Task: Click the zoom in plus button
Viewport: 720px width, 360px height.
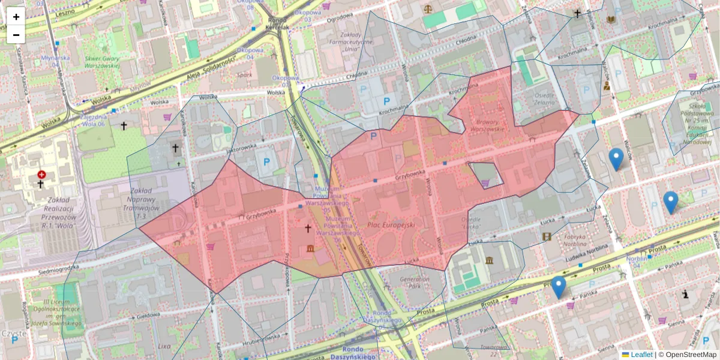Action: (x=16, y=17)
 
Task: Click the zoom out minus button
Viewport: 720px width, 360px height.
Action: (x=16, y=35)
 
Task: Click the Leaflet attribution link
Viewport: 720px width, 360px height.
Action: (x=641, y=355)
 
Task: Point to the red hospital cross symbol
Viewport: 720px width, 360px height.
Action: (x=41, y=175)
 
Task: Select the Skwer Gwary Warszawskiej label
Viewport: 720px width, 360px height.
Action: (x=103, y=62)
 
